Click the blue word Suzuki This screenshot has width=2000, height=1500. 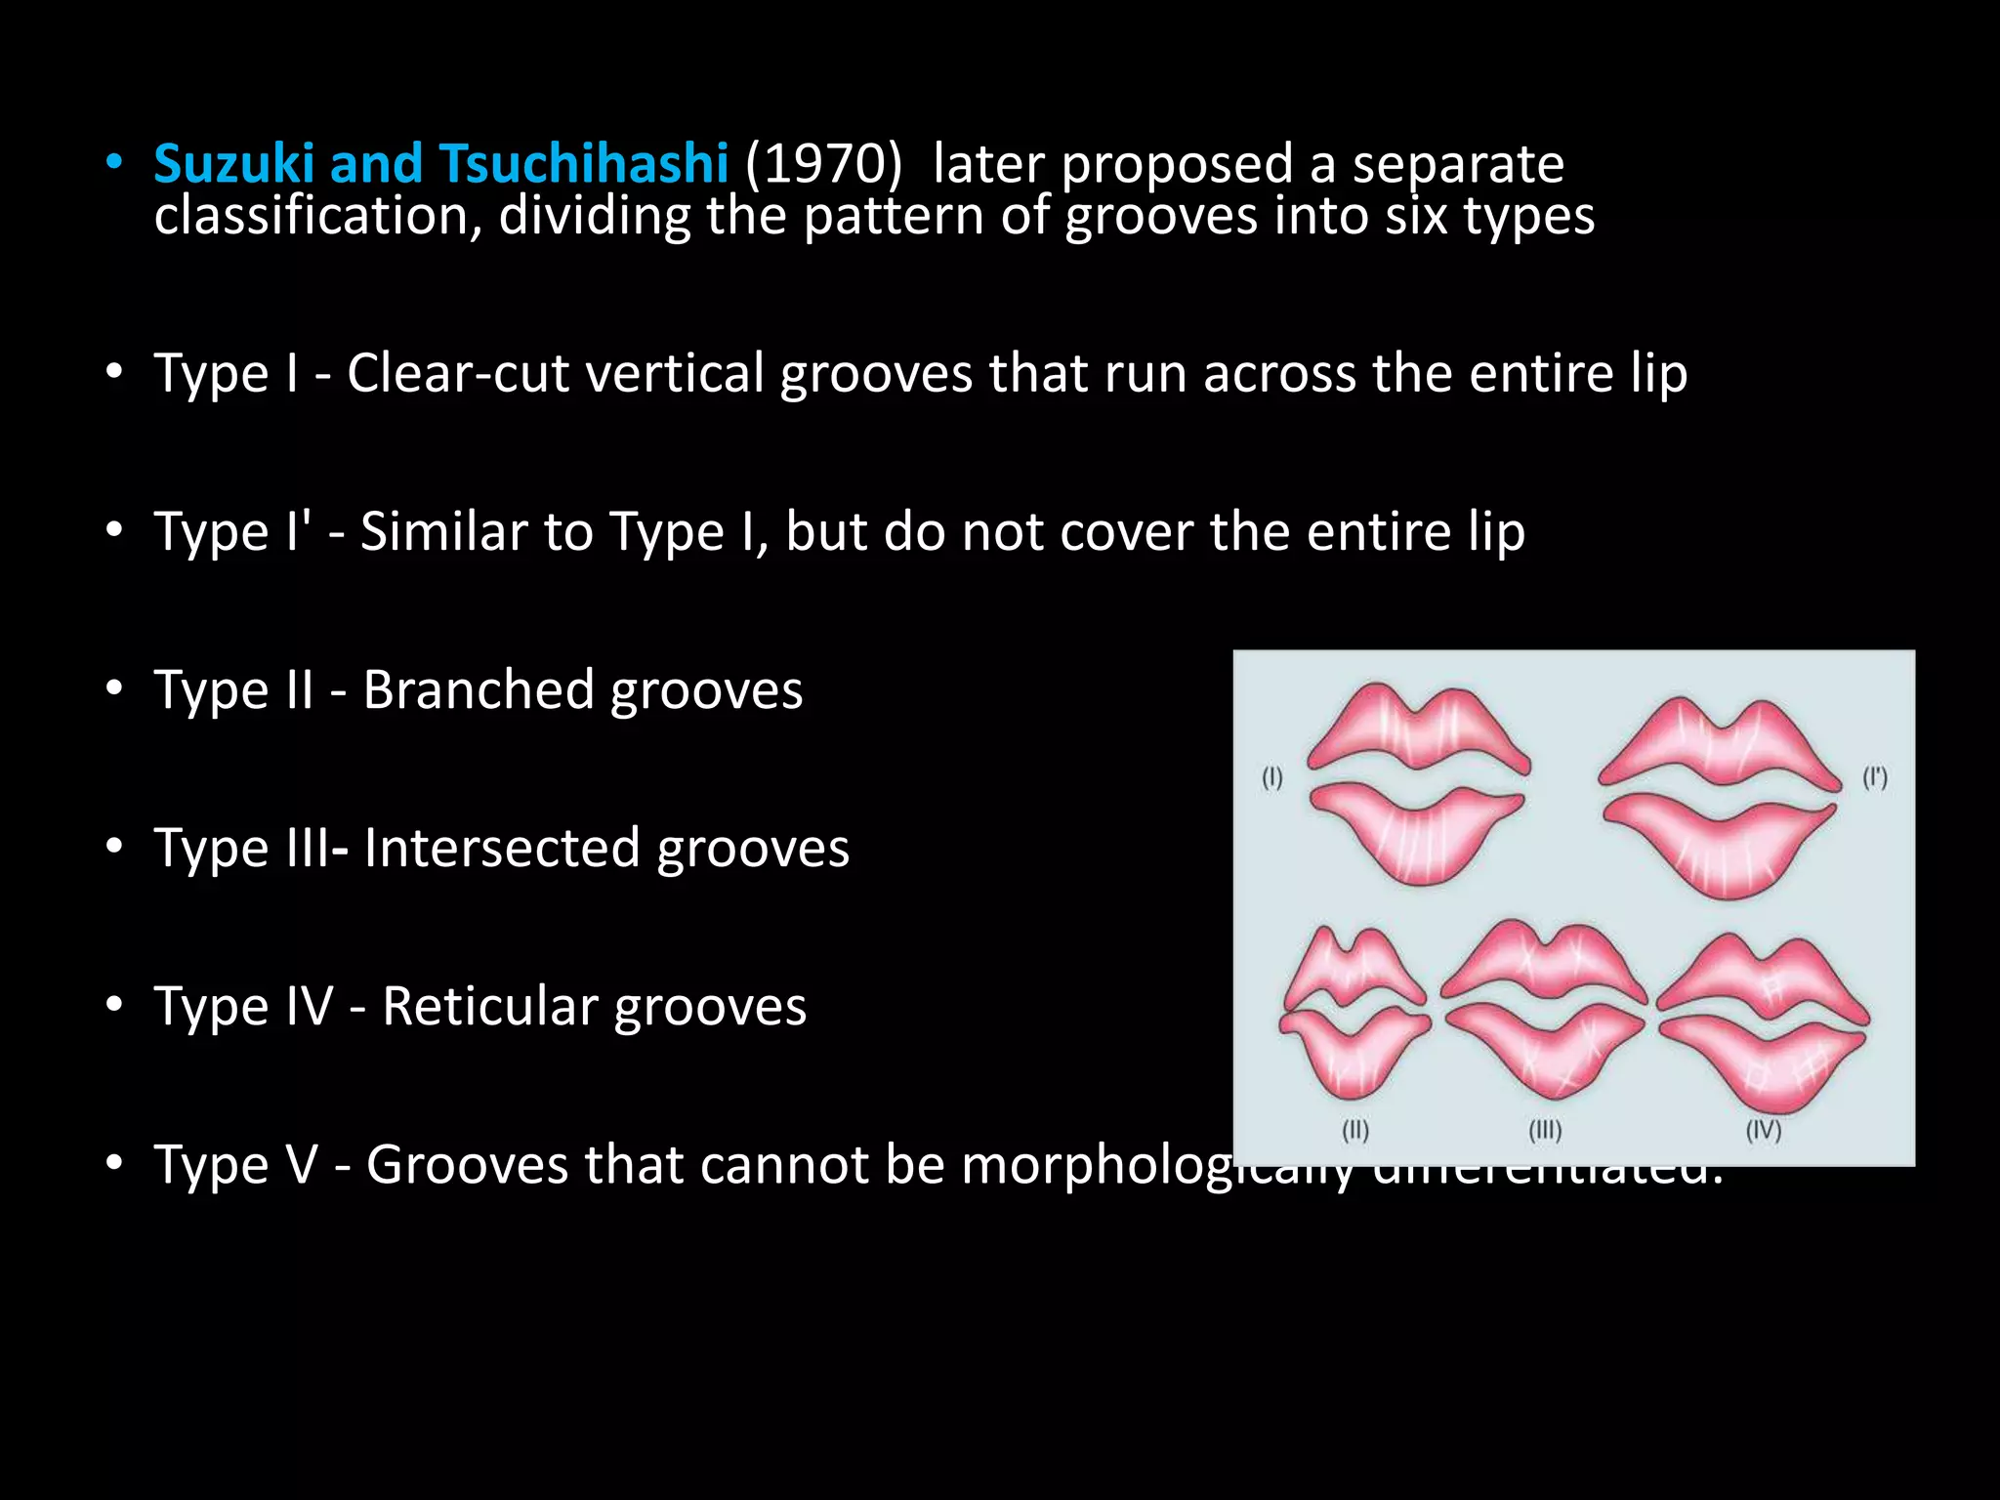[x=233, y=163]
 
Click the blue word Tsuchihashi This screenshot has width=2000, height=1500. [x=583, y=163]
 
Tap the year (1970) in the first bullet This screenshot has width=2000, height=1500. [x=823, y=163]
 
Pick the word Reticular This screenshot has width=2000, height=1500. [x=489, y=1007]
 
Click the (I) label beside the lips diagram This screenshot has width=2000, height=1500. [x=1271, y=778]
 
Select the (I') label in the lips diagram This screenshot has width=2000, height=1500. [x=1875, y=778]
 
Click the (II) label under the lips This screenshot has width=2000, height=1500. [x=1355, y=1131]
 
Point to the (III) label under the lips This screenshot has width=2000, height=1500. [x=1545, y=1131]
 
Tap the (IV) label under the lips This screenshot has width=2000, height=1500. [x=1764, y=1131]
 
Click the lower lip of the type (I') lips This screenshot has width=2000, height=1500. [x=1719, y=845]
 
